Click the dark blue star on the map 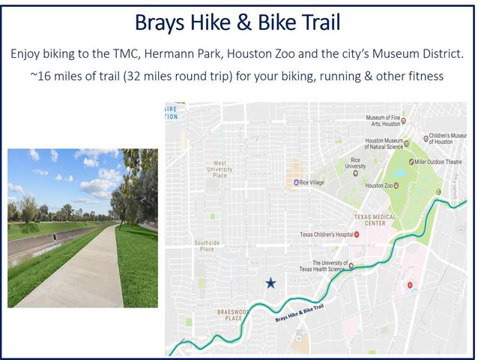click(270, 283)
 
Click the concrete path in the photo click(82, 270)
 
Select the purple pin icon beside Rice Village click(296, 181)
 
